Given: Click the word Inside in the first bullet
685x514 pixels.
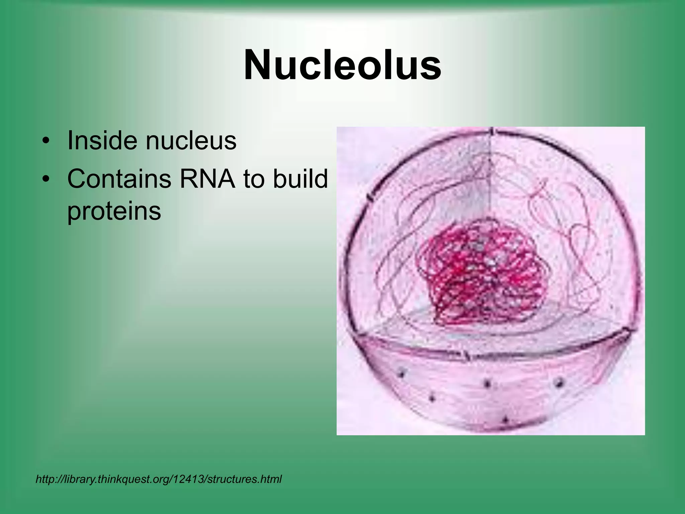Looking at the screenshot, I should coord(102,141).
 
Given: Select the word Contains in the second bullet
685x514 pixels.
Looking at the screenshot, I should coord(119,179).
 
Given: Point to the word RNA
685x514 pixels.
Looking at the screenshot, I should coord(207,179).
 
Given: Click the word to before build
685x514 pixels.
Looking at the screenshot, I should coord(254,179).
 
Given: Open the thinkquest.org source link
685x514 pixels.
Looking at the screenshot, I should coord(159,479).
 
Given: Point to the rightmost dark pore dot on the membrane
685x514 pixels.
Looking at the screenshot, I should coord(559,381).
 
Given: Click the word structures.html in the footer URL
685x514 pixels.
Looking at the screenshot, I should coord(244,479).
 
